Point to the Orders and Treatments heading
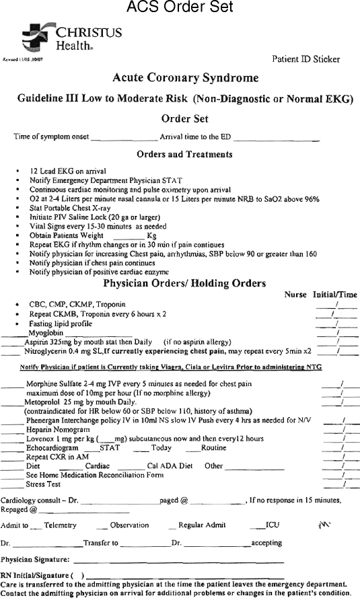(x=184, y=154)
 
